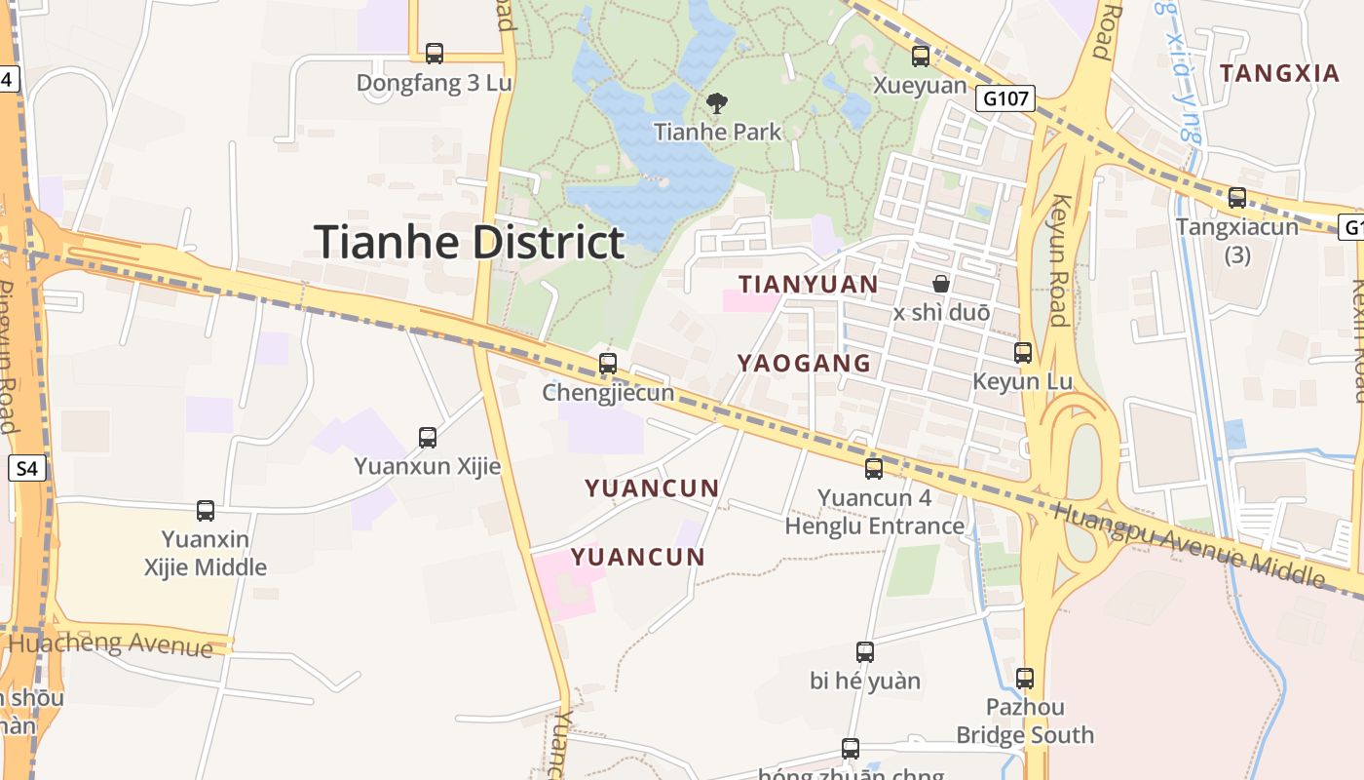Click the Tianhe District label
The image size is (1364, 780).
click(x=469, y=242)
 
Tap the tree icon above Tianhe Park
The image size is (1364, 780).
click(x=717, y=102)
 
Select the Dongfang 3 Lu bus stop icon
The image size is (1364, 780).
click(x=435, y=54)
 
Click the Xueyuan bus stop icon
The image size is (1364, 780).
click(x=920, y=57)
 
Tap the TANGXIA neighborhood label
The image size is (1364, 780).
click(x=1280, y=73)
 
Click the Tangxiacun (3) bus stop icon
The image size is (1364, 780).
click(x=1237, y=198)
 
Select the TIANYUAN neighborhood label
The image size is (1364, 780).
click(x=808, y=285)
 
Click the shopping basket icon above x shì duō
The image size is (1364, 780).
click(x=941, y=284)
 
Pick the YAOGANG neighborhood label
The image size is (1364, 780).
click(x=804, y=364)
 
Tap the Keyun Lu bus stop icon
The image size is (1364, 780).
click(x=1023, y=353)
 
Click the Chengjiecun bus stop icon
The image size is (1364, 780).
click(x=608, y=364)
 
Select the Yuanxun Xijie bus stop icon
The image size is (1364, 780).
click(x=427, y=438)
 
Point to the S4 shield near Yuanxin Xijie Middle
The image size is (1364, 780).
click(x=27, y=469)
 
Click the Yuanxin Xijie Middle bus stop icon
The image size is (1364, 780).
click(x=206, y=510)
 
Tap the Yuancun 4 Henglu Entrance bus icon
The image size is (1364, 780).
click(x=874, y=469)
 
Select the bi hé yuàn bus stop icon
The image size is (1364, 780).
click(x=864, y=652)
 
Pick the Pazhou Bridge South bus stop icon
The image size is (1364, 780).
click(x=1025, y=679)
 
